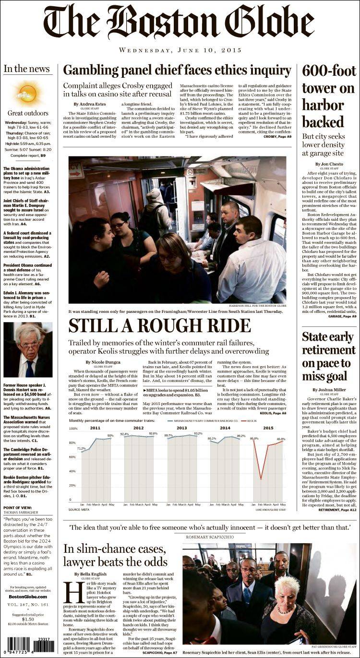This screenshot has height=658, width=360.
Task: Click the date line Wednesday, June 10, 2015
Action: [x=180, y=50]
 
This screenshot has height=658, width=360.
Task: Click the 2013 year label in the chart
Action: [x=182, y=428]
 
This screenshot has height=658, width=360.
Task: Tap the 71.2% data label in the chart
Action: [x=81, y=449]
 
